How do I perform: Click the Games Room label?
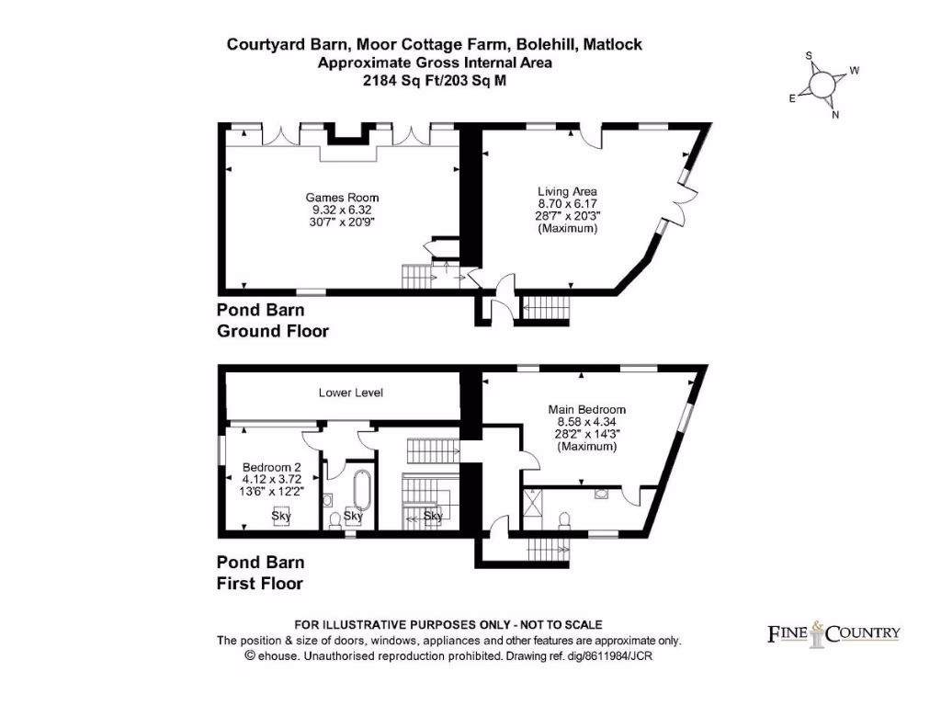pyautogui.click(x=342, y=198)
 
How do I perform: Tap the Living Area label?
pyautogui.click(x=567, y=192)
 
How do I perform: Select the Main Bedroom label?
pyautogui.click(x=587, y=410)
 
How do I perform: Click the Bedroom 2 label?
pyautogui.click(x=272, y=467)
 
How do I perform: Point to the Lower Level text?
pyautogui.click(x=350, y=393)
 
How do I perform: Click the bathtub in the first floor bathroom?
pyautogui.click(x=361, y=492)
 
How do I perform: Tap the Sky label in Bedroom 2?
pyautogui.click(x=281, y=517)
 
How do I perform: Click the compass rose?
pyautogui.click(x=823, y=85)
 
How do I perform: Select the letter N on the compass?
pyautogui.click(x=834, y=115)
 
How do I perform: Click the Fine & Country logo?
pyautogui.click(x=833, y=633)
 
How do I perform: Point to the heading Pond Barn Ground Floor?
pyautogui.click(x=272, y=320)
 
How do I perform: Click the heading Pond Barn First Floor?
pyautogui.click(x=260, y=573)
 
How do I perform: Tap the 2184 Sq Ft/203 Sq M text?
pyautogui.click(x=435, y=80)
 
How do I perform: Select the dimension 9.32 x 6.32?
pyautogui.click(x=342, y=210)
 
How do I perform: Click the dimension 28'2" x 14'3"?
pyautogui.click(x=587, y=434)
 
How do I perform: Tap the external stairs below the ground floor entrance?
pyautogui.click(x=546, y=309)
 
